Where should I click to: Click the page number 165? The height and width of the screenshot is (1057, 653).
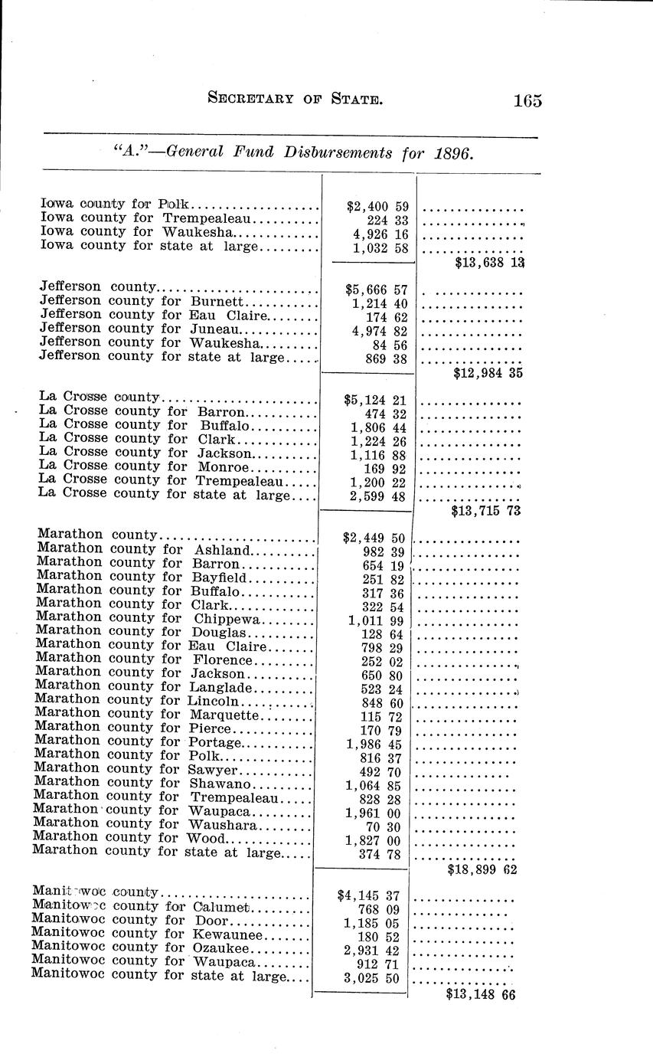(x=527, y=100)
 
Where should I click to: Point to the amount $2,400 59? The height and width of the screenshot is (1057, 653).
(x=377, y=206)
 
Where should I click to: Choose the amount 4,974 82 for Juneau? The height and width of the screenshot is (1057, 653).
(x=379, y=332)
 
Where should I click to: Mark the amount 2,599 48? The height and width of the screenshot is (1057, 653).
(x=378, y=496)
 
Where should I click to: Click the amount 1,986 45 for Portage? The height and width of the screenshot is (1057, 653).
(x=374, y=744)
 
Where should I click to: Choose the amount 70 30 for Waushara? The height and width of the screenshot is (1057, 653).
(x=382, y=827)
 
